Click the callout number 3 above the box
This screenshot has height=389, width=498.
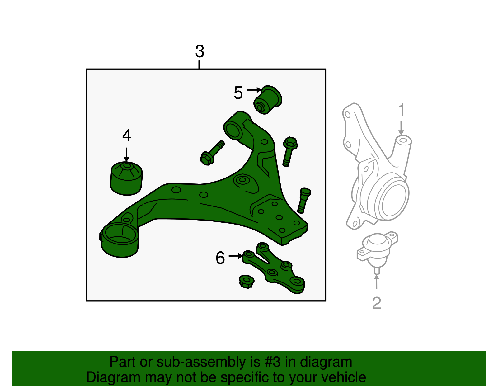coord(200,51)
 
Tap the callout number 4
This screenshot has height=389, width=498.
coord(127,135)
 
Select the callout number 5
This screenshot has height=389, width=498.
coord(238,93)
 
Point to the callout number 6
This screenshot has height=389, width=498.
coord(220,258)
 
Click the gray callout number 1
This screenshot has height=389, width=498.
coord(402,110)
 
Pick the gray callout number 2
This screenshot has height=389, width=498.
coord(377,303)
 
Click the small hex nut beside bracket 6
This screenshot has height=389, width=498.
coord(247,282)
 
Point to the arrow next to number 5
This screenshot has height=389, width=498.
coord(254,90)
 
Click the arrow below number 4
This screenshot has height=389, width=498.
coord(126,154)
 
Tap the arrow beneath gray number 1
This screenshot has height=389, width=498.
coord(401,128)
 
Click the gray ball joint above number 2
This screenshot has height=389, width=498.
coord(377,248)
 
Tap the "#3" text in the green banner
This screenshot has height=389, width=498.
coord(273,362)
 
